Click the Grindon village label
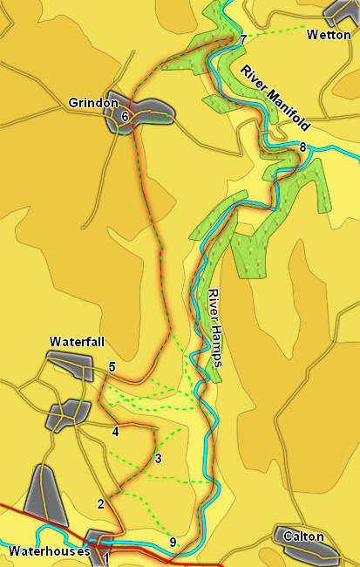93,103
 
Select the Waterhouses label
49,551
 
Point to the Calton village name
303,536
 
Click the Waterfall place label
77,341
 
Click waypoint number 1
106,557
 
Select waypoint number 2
101,503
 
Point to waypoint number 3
158,459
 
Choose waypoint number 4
115,431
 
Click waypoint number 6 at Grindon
126,116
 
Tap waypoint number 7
243,40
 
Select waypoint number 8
302,147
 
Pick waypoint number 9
173,543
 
